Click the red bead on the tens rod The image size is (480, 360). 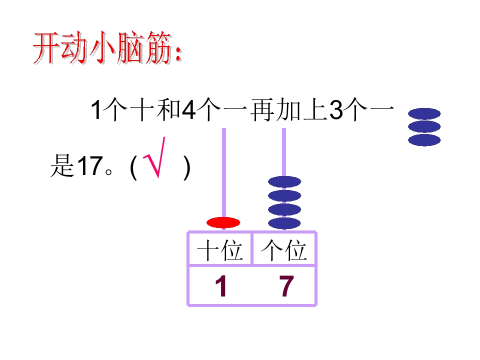(223, 222)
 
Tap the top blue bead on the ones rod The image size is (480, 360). (284, 182)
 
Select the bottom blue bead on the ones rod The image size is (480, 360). (284, 223)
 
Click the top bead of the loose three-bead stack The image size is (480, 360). (424, 113)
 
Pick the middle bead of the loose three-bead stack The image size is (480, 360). (424, 126)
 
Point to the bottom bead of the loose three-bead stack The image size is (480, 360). (424, 140)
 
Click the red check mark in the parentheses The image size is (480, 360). (154, 157)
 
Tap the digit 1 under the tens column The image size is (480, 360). (221, 285)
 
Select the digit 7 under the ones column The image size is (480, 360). (286, 285)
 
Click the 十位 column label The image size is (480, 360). (220, 250)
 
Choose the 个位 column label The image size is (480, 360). (284, 250)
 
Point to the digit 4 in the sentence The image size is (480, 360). (189, 110)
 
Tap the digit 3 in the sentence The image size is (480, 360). (336, 110)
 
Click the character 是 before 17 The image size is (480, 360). (62, 165)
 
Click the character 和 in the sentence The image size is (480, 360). (168, 109)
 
